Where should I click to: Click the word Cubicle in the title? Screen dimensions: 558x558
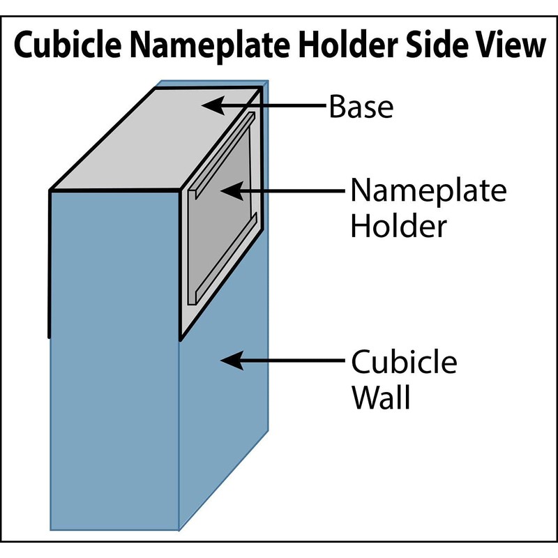tap(68, 45)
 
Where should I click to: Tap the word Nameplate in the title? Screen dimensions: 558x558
tap(210, 46)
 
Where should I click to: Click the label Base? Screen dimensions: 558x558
tap(361, 106)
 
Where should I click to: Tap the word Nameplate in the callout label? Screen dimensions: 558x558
tap(428, 190)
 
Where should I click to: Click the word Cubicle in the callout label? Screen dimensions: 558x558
tap(404, 361)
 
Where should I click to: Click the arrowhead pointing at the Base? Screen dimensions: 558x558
tap(213, 105)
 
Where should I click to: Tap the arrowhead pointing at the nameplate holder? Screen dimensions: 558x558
tap(232, 190)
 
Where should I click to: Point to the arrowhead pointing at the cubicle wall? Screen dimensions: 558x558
tap(232, 360)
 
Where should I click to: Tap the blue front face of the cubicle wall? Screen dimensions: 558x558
tap(114, 359)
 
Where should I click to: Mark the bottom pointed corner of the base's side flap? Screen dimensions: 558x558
tap(181, 341)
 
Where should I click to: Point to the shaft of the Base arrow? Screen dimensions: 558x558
tap(275, 105)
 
